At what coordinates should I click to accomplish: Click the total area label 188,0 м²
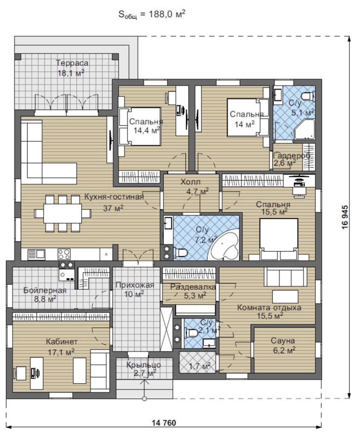pyautogui.click(x=167, y=14)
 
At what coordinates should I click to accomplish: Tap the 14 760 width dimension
pyautogui.click(x=164, y=423)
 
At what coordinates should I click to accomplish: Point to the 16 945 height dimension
pyautogui.click(x=345, y=217)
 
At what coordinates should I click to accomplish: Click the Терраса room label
pyautogui.click(x=72, y=63)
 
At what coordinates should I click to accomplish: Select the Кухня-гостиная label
pyautogui.click(x=114, y=196)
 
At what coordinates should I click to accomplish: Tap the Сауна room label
pyautogui.click(x=283, y=341)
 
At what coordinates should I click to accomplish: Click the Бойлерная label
pyautogui.click(x=45, y=290)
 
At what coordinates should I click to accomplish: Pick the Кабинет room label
pyautogui.click(x=62, y=342)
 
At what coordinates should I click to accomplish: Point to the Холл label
pyautogui.click(x=190, y=182)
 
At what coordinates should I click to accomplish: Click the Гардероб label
pyautogui.click(x=292, y=155)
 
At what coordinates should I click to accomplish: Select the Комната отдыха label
pyautogui.click(x=269, y=307)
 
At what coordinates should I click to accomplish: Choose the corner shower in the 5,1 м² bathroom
pyautogui.click(x=305, y=129)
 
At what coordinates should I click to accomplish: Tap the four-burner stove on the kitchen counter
pyautogui.click(x=64, y=254)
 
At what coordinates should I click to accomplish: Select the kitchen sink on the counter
pyautogui.click(x=36, y=254)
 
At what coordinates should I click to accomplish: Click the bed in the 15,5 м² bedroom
pyautogui.click(x=279, y=239)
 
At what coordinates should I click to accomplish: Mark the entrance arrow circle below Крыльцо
pyautogui.click(x=144, y=399)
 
